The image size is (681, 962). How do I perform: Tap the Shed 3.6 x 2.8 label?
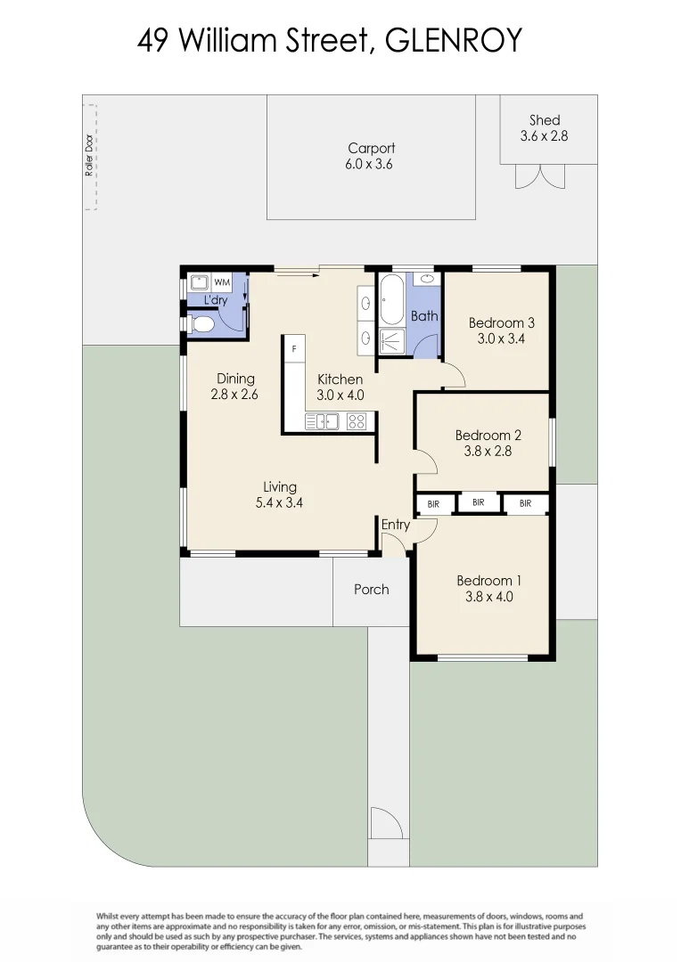(544, 128)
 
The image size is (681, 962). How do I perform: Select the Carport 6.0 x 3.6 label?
(371, 156)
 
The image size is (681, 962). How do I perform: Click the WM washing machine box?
(221, 282)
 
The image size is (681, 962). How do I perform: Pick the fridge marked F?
(294, 348)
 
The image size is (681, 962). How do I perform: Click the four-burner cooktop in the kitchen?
(357, 421)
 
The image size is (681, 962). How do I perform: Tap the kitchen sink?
(322, 421)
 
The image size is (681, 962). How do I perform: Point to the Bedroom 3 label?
(502, 322)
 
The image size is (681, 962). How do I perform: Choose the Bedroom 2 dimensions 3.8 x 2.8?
(488, 451)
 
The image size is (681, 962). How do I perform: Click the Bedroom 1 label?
(489, 581)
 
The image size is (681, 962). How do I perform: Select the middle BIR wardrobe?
(479, 503)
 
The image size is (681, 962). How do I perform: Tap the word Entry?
(396, 525)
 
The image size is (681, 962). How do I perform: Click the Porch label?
(371, 589)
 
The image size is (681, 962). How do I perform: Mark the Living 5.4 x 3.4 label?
(279, 493)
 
